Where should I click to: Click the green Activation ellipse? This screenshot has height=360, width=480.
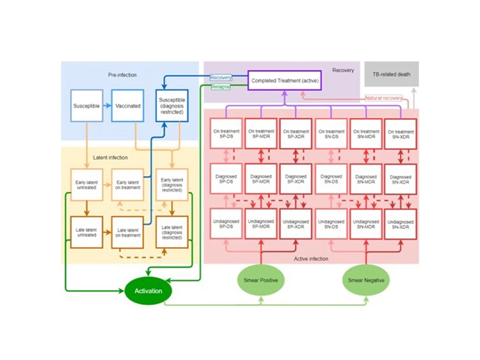(148, 291)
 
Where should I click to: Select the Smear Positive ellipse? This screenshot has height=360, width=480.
(261, 280)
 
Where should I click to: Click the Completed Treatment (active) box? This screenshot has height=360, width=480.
(285, 81)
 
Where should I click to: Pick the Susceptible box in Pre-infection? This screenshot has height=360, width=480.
(86, 106)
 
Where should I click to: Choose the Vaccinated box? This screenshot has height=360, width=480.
(127, 106)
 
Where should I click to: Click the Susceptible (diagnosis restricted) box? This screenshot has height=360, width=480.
(172, 106)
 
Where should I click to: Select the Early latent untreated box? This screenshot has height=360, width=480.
(86, 184)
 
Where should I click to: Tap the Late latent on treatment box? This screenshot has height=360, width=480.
(127, 232)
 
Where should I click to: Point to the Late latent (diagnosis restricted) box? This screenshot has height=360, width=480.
(172, 232)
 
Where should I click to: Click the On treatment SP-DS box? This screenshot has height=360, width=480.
(226, 134)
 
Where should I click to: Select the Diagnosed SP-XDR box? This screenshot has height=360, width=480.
(296, 179)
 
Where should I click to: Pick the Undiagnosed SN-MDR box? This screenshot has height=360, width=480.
(366, 224)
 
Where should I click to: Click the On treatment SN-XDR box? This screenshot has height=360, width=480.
(400, 134)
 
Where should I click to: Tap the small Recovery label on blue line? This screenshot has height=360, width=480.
(220, 77)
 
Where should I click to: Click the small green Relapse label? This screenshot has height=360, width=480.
(220, 87)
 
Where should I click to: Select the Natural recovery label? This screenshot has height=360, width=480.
(383, 98)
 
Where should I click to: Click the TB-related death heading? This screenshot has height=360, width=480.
(391, 74)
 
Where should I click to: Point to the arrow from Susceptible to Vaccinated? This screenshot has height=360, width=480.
(107, 106)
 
